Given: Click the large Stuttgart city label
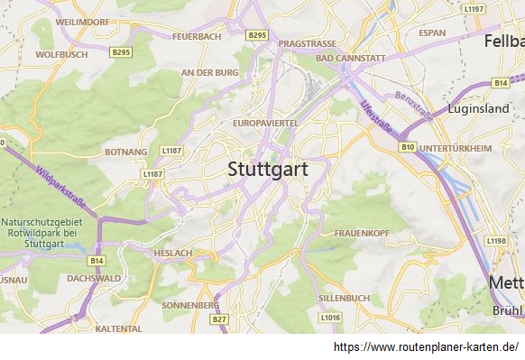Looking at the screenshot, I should tap(268, 169).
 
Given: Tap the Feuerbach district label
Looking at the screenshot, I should tap(197, 37).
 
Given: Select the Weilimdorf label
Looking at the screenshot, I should tap(82, 20).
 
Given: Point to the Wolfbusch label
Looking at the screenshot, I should tap(60, 54).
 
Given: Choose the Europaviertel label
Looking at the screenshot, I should tap(265, 122).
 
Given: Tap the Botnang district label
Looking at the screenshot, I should tap(125, 152).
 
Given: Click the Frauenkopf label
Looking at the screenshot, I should tap(361, 233).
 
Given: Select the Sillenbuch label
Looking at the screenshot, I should tap(344, 298).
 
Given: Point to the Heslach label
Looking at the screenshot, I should tap(172, 253).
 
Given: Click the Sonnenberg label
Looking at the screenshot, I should tap(190, 305).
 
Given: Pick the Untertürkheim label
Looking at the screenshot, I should tap(456, 148).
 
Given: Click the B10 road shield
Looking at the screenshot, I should tap(408, 146).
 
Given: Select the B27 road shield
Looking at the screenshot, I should tap(219, 319).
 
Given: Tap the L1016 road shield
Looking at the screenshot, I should tap(330, 318).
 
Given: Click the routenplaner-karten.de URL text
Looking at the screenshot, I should tap(426, 347).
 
